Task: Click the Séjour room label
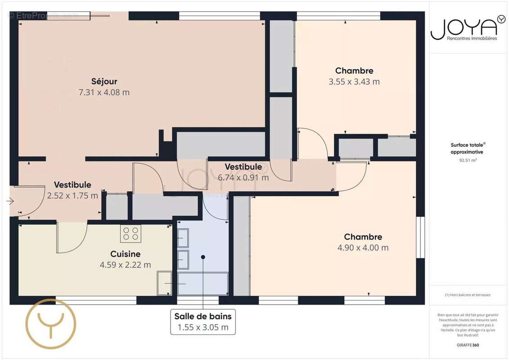pyautogui.click(x=104, y=81)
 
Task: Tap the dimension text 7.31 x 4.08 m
pyautogui.click(x=104, y=92)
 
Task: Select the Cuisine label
pyautogui.click(x=126, y=254)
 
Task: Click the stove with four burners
pyautogui.click(x=131, y=234)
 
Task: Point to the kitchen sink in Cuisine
pyautogui.click(x=165, y=283)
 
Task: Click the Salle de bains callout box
pyautogui.click(x=203, y=322)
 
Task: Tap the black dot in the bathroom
pyautogui.click(x=203, y=257)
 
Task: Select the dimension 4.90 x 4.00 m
pyautogui.click(x=363, y=247)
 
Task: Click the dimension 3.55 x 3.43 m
pyautogui.click(x=354, y=81)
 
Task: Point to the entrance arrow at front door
pyautogui.click(x=10, y=201)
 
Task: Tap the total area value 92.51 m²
pyautogui.click(x=468, y=160)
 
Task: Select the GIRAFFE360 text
pyautogui.click(x=468, y=344)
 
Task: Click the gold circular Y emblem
pyautogui.click(x=50, y=324)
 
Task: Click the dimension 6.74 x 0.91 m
pyautogui.click(x=243, y=177)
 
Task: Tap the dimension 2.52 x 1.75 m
pyautogui.click(x=72, y=196)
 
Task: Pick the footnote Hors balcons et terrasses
pyautogui.click(x=468, y=295)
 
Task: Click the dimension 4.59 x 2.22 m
pyautogui.click(x=126, y=265)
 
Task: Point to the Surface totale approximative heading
pyautogui.click(x=468, y=148)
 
